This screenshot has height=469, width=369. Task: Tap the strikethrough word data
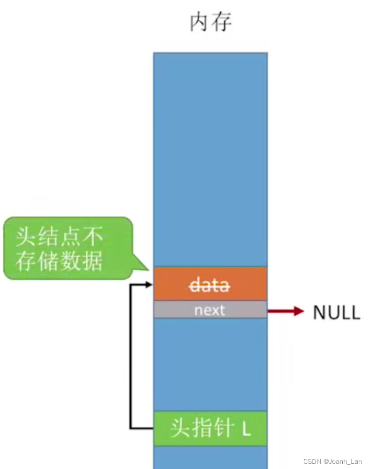tap(210, 285)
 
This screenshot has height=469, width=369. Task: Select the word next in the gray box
tap(210, 310)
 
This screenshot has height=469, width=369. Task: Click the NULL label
tap(336, 313)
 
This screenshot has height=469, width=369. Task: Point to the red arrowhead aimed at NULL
tap(299, 311)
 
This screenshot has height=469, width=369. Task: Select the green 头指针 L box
tap(210, 429)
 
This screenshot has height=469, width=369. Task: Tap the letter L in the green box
tap(246, 429)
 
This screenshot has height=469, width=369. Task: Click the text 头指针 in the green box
tap(198, 429)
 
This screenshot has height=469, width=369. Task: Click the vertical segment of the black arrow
tap(131, 357)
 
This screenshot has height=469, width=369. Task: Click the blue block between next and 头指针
tap(210, 364)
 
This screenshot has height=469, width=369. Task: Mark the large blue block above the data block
tap(210, 160)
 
